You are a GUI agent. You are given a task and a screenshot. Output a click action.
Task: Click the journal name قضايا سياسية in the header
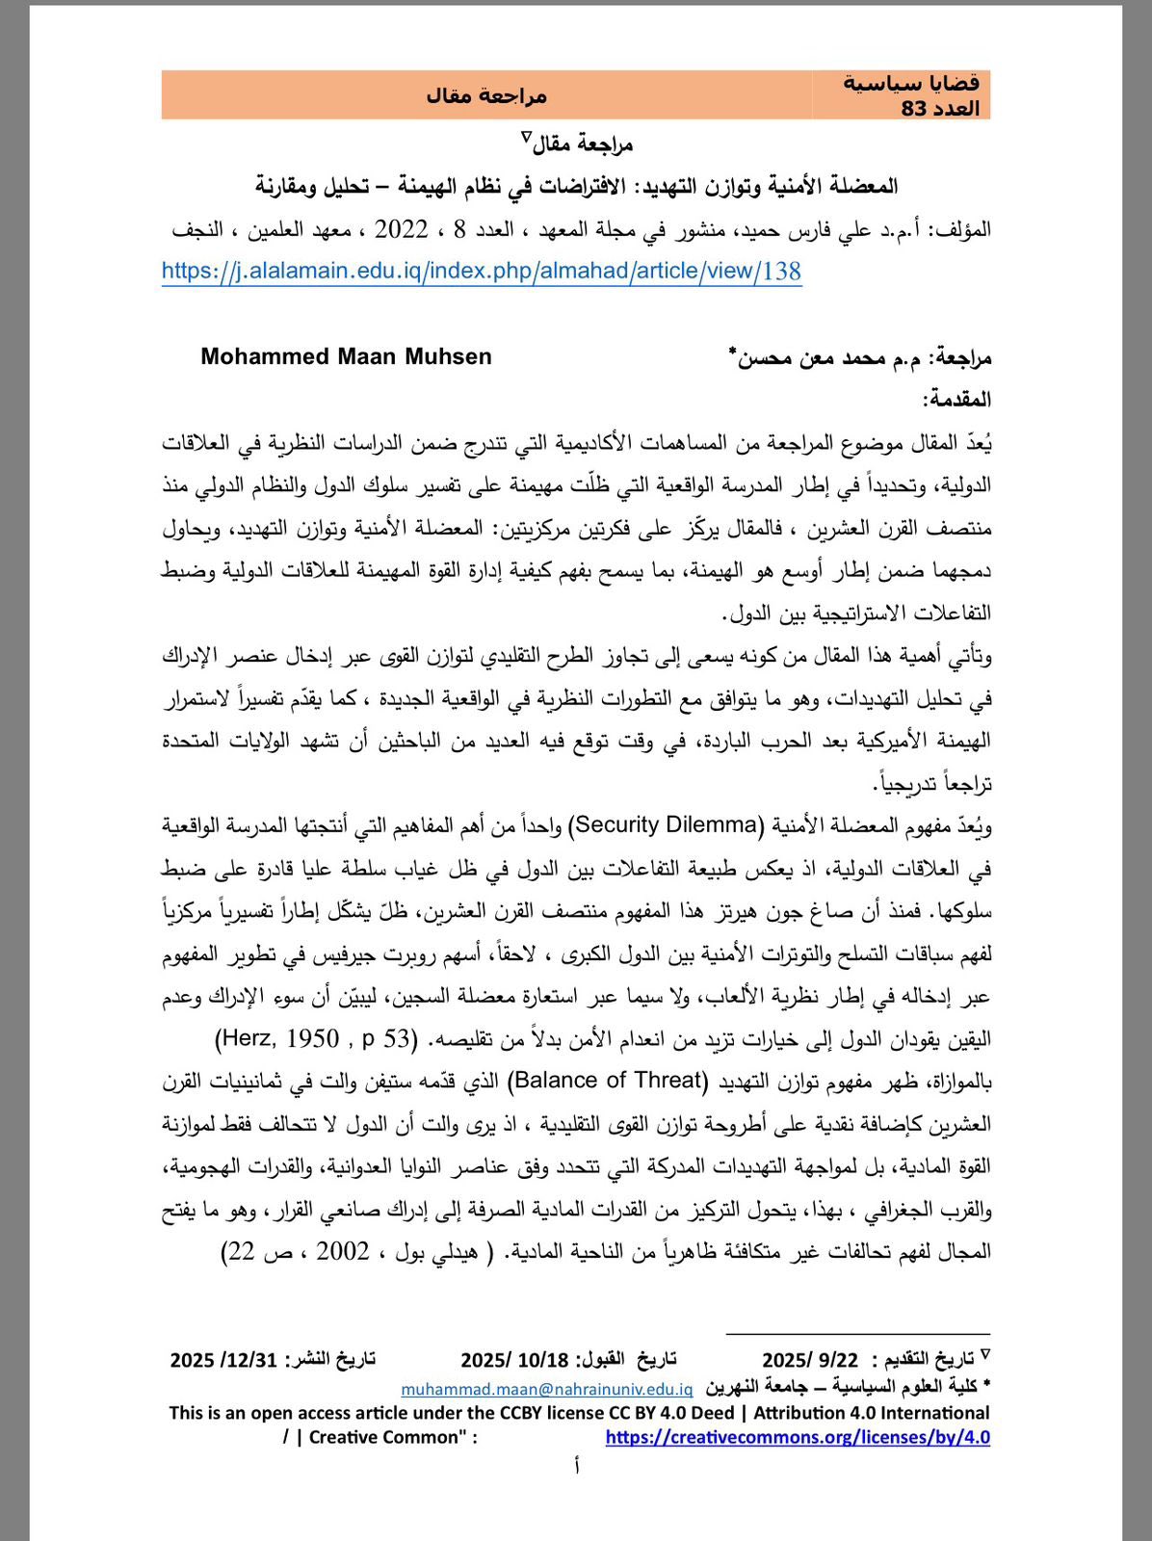pyautogui.click(x=911, y=83)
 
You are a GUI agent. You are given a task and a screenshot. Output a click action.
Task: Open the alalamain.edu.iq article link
pyautogui.click(x=482, y=272)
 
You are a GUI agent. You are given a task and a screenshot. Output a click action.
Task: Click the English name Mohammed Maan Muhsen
pyautogui.click(x=346, y=356)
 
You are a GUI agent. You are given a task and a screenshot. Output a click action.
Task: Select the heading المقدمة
pyautogui.click(x=956, y=399)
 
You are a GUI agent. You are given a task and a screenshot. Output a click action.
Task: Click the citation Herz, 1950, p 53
pyautogui.click(x=316, y=1038)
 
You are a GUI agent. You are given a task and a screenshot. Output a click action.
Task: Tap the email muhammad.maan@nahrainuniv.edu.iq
pyautogui.click(x=546, y=1389)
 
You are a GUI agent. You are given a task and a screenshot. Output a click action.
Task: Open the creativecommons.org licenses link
pyautogui.click(x=798, y=1437)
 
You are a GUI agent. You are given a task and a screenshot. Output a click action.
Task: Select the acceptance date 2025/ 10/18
pyautogui.click(x=514, y=1360)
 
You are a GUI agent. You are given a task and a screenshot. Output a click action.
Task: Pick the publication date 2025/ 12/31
pyautogui.click(x=223, y=1360)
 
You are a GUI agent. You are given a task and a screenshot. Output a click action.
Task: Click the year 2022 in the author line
pyautogui.click(x=401, y=229)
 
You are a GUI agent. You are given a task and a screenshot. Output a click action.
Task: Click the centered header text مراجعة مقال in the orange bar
pyautogui.click(x=486, y=95)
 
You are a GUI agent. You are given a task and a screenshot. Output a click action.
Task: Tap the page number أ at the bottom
pyautogui.click(x=576, y=1466)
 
